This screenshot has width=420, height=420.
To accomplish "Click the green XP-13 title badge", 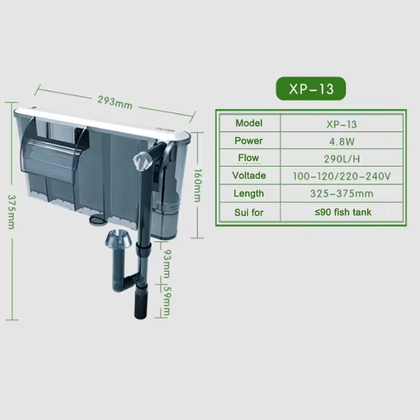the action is point(311,89).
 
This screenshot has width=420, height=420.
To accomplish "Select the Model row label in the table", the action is point(249,123).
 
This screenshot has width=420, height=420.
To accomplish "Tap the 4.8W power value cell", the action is point(342,141).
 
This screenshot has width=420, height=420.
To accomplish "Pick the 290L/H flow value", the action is point(342,159).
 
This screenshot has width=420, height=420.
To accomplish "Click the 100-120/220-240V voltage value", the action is point(342,176).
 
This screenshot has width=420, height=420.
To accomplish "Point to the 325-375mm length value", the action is point(342,193).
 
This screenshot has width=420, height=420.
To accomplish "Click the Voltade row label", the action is point(249,175).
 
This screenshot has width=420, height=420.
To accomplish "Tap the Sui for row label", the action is point(249,213).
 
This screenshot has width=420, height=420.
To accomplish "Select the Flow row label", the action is point(248,158).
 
